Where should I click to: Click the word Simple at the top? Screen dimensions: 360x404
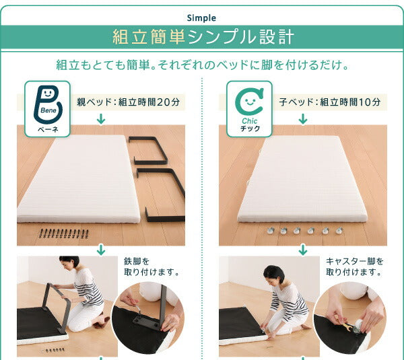pos(202,18)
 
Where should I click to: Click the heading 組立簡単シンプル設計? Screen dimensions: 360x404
pos(202,37)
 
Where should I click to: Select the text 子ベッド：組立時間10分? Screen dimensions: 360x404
pos(330,102)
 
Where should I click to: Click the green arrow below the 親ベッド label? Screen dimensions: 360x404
pos(101,120)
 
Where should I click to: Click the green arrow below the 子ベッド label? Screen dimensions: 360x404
pos(303,120)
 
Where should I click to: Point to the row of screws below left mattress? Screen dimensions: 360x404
pos(64,234)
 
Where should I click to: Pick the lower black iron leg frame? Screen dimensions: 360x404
pos(164,195)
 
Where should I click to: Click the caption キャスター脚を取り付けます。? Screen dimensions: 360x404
pos(355,266)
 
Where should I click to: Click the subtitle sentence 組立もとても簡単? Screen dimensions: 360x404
pos(202,65)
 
